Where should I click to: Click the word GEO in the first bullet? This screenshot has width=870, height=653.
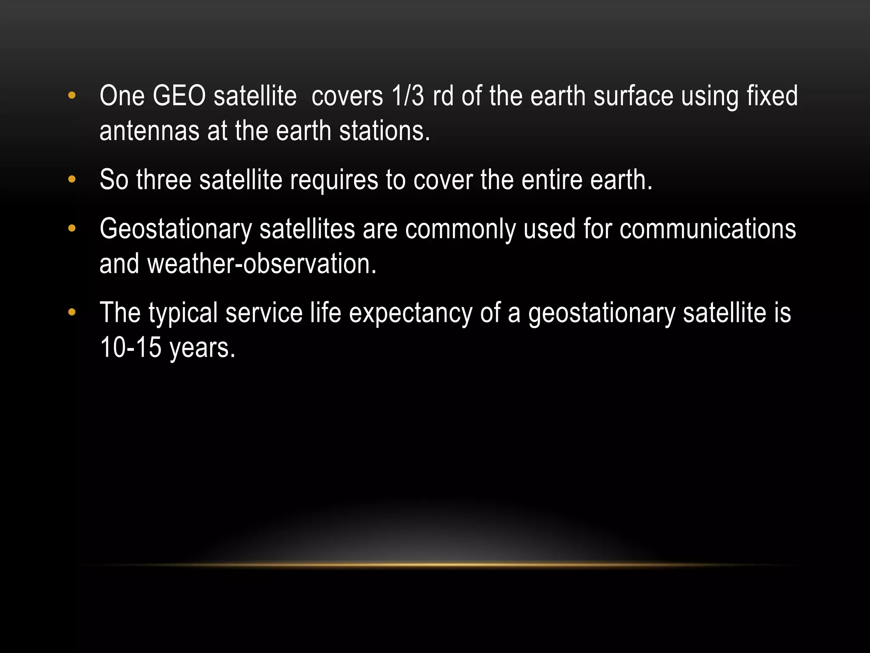pos(179,96)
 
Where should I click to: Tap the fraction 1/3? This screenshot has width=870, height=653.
pos(408,96)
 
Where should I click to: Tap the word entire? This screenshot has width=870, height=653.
pos(551,180)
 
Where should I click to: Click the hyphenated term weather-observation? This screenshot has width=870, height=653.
pos(262,264)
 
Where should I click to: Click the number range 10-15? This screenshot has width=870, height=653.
pos(130,347)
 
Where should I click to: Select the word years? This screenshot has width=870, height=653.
pos(202,348)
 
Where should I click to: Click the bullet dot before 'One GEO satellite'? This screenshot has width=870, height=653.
pos(71,95)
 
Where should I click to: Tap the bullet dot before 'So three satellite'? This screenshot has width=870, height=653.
pos(71,179)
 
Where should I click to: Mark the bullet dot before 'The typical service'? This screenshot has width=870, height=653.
pos(71,312)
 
